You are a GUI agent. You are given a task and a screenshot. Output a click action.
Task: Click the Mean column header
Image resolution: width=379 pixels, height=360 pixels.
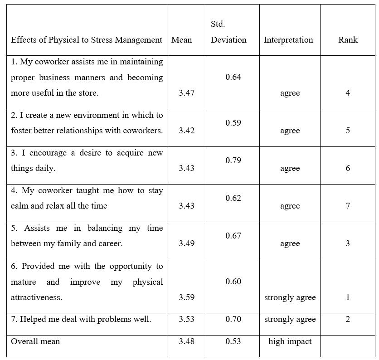pos(181,40)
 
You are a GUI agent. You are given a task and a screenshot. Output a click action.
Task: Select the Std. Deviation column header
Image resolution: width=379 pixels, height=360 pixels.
pos(228,32)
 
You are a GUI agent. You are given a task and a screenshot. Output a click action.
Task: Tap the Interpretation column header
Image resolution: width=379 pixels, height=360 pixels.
pos(288,40)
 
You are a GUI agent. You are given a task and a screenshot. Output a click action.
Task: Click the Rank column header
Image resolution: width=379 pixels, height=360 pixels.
pos(348,40)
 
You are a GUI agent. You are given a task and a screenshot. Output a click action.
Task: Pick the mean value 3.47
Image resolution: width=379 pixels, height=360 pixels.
pos(186,93)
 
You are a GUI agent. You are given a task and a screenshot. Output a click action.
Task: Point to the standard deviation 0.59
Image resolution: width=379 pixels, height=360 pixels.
pos(233,123)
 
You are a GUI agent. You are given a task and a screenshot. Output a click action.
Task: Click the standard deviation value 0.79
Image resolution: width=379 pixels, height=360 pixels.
pos(233,161)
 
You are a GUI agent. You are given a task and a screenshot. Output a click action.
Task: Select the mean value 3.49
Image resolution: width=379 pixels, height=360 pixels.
pos(186,243)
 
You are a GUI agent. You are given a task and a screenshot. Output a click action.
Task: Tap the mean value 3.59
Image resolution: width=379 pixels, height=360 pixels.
pos(186,297)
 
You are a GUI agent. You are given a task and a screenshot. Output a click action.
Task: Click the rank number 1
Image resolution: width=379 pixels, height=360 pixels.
pos(348,297)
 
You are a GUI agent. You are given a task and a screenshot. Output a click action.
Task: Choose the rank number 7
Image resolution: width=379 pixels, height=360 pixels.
pos(348,206)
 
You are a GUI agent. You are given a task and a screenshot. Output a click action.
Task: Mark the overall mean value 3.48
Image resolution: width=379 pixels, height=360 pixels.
pos(186,341)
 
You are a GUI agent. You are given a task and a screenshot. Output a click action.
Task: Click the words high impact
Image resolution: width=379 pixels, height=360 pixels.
pos(290,341)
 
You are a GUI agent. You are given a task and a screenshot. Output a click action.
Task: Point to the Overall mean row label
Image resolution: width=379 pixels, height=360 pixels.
pos(35,341)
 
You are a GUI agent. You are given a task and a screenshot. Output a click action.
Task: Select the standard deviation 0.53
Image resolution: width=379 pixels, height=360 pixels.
pos(233,341)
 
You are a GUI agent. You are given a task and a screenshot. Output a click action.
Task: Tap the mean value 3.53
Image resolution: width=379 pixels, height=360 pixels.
pos(186,319)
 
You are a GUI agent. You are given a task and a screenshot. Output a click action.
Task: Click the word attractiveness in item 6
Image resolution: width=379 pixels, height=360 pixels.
pos(36,297)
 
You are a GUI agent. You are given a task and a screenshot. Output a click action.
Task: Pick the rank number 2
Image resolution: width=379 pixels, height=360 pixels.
pos(348,319)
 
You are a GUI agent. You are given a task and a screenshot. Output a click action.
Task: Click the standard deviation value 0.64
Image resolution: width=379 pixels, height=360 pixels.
pos(233,77)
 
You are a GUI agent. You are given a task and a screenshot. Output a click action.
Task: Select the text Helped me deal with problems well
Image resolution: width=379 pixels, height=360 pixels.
pos(81,319)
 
